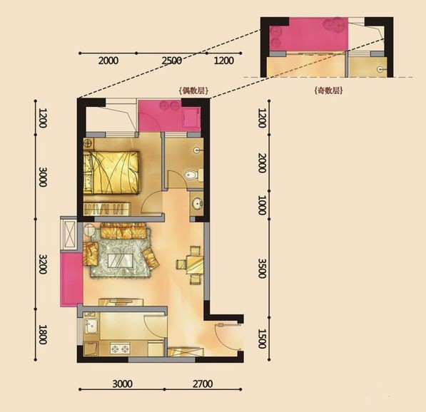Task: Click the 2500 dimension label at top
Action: click(x=172, y=61)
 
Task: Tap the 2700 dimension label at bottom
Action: click(x=203, y=383)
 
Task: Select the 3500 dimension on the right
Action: click(x=262, y=268)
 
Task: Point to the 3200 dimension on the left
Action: click(x=43, y=264)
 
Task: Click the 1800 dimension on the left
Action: click(x=43, y=334)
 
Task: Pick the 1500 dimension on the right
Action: click(x=262, y=339)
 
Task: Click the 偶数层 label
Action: click(x=193, y=91)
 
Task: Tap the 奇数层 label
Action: click(x=328, y=91)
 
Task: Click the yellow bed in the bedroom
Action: click(x=111, y=172)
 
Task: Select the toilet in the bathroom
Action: click(x=193, y=175)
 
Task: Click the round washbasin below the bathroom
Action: click(x=197, y=203)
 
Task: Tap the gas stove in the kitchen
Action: click(x=120, y=349)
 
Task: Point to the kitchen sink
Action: click(x=91, y=326)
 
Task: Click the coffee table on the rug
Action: click(x=120, y=261)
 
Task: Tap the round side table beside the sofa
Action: click(x=89, y=230)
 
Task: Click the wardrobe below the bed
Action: click(x=107, y=209)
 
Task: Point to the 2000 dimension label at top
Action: click(x=108, y=61)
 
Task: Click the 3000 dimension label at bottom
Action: click(x=123, y=383)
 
